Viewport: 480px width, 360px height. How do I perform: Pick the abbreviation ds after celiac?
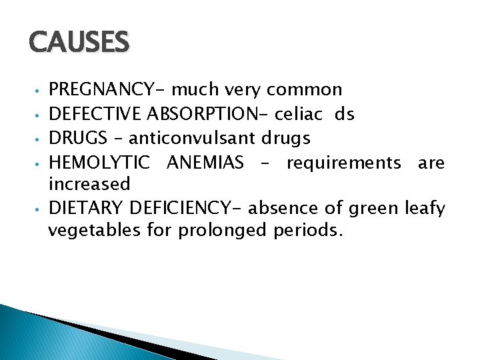[345, 114]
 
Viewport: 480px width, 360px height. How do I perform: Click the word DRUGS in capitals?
[77, 138]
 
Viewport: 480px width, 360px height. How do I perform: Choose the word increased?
[89, 184]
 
